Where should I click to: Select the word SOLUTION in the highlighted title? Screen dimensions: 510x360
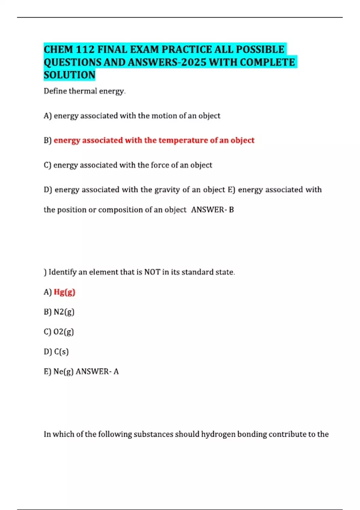point(70,75)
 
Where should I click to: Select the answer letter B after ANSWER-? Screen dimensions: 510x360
point(231,210)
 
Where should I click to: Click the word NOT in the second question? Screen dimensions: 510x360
point(152,272)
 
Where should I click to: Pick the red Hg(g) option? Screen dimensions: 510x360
point(64,292)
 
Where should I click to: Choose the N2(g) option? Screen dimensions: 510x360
point(64,312)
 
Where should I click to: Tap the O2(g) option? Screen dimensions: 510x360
point(64,332)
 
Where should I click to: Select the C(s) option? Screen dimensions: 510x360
point(61,352)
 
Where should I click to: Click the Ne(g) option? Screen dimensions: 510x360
point(63,372)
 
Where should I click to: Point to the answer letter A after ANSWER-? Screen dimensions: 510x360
point(116,372)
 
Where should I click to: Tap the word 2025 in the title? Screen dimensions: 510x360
point(194,62)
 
